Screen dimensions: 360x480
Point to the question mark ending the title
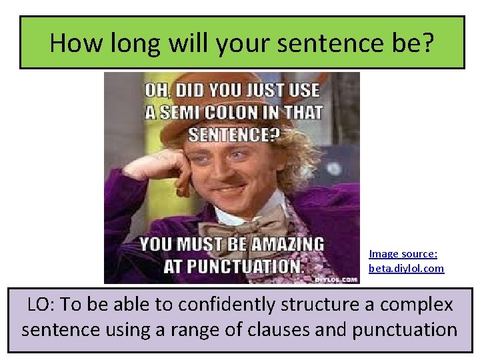click(427, 43)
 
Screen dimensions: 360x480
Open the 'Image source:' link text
click(403, 253)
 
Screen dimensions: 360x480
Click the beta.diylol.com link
click(406, 268)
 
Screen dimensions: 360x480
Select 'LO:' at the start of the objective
click(41, 305)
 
